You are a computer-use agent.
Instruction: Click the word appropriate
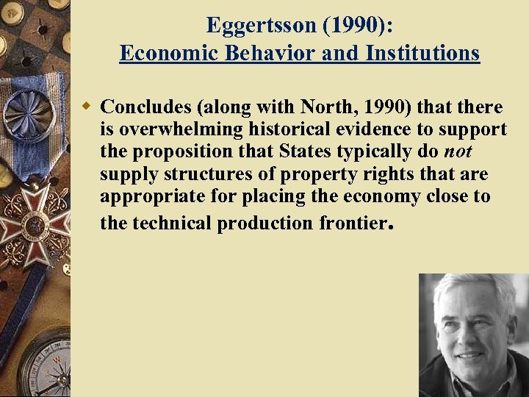pos(146,197)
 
